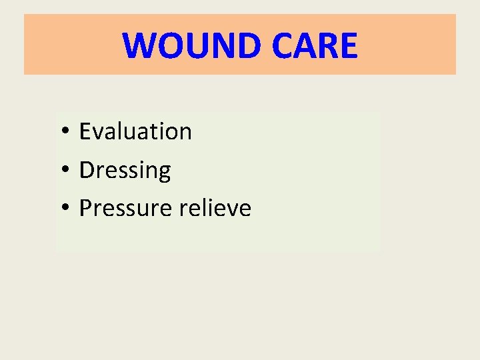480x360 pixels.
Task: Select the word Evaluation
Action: [x=135, y=131]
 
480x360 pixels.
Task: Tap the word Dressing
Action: [x=125, y=171]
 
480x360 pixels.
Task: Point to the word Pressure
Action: [x=125, y=209]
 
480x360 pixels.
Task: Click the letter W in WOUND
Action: [x=139, y=45]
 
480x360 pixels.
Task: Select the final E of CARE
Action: [x=348, y=45]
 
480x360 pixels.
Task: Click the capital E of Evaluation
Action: [x=85, y=131]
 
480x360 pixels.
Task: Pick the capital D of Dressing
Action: [x=86, y=171]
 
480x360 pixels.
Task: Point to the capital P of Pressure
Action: [x=85, y=209]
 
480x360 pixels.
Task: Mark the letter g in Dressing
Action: [x=164, y=173]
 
